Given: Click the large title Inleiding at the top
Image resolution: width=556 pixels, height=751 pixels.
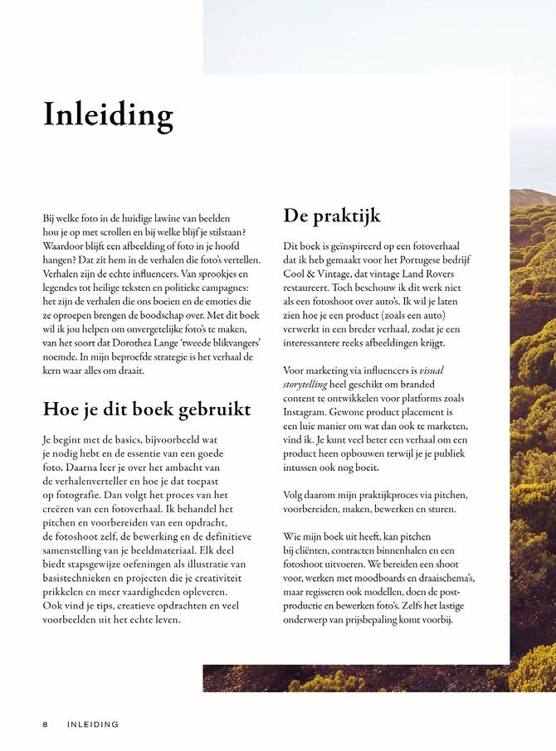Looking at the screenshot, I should click(x=108, y=114).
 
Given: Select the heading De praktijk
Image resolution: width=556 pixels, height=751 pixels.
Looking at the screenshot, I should click(x=332, y=216).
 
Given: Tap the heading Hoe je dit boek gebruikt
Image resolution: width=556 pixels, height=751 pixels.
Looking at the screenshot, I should click(x=147, y=409).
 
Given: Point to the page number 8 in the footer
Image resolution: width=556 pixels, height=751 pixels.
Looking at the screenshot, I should click(x=46, y=724).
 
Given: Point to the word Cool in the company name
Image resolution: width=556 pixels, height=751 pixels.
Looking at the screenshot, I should click(x=295, y=274).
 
